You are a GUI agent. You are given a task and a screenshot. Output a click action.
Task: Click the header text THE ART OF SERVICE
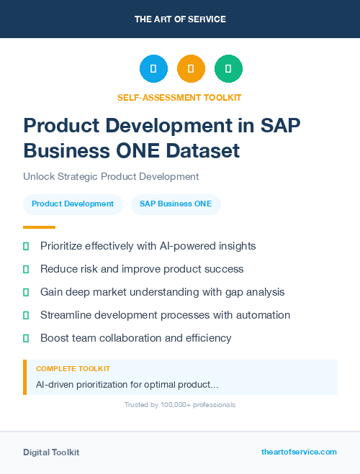coord(179,19)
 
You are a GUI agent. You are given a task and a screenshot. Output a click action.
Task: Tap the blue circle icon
coord(153,69)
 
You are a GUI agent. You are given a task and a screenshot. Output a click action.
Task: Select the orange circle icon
coord(191,69)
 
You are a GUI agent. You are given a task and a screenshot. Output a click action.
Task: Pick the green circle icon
coord(228,69)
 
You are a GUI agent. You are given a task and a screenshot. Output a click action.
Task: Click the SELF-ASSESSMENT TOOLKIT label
coord(179,97)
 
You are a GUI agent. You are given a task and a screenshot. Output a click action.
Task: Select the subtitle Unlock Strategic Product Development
coord(110,176)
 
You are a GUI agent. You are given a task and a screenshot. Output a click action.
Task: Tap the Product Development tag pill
coord(73,204)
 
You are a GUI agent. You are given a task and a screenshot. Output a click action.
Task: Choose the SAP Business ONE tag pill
coord(176,204)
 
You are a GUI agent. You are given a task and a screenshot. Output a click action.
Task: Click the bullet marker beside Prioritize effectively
coord(26,246)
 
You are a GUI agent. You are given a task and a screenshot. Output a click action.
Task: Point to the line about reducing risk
coord(142,269)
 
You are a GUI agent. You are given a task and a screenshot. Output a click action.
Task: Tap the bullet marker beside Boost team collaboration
coord(26,338)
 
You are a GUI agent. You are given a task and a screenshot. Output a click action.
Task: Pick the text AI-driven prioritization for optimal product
coord(127,385)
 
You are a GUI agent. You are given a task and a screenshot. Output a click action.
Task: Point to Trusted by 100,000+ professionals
coord(179,405)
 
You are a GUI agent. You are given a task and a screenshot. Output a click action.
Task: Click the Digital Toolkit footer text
coord(51,452)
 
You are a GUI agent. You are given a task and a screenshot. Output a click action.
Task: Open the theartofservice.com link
coord(299,452)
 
